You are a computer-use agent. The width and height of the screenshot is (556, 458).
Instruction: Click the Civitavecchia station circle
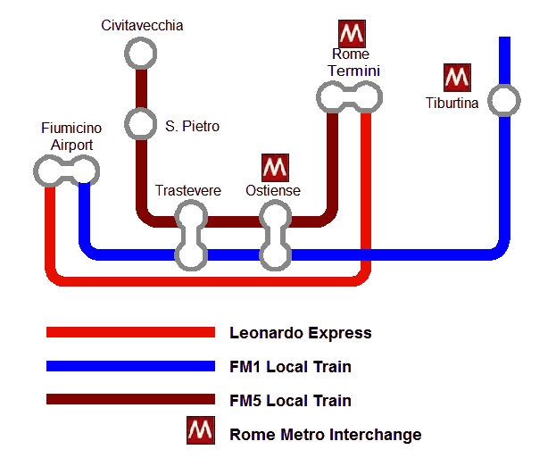(x=139, y=54)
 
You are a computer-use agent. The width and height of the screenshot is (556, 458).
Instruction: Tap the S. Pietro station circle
(x=139, y=123)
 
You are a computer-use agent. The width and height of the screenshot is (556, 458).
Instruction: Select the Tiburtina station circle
(x=504, y=100)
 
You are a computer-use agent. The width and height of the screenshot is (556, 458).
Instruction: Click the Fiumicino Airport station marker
(x=67, y=169)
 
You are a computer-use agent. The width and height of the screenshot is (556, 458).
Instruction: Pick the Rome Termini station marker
(x=349, y=96)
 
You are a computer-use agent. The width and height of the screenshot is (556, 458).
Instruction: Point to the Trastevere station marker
(x=190, y=235)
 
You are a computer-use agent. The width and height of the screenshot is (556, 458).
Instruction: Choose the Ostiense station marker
(x=274, y=235)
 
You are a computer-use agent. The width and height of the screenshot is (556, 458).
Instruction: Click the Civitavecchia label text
(x=142, y=26)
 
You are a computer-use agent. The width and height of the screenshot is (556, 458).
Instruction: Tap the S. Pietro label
(x=192, y=127)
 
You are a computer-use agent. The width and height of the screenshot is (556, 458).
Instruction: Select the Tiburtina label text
(x=452, y=104)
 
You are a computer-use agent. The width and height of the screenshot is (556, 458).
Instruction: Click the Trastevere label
(x=187, y=191)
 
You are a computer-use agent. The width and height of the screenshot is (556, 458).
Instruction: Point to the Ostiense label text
(x=273, y=191)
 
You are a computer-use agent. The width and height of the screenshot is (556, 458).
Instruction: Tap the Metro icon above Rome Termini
(x=352, y=34)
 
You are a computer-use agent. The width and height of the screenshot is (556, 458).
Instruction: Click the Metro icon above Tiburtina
(x=457, y=78)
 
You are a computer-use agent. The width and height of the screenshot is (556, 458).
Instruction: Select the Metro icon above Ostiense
(x=275, y=167)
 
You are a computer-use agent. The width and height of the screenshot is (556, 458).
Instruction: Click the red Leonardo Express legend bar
(x=130, y=333)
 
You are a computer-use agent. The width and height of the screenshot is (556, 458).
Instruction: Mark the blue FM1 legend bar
(x=130, y=366)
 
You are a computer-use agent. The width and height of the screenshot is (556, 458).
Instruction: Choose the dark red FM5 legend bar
(x=130, y=400)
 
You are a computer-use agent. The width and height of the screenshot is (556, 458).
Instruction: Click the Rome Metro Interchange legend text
(x=325, y=435)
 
